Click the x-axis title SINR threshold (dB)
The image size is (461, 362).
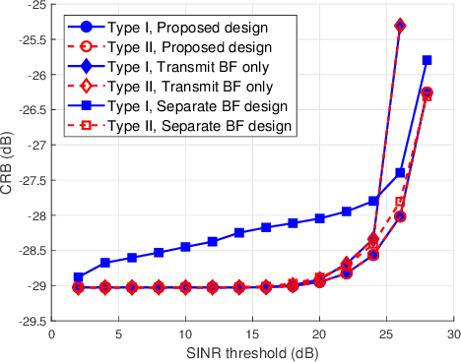click(252, 351)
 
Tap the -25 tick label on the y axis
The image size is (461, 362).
click(33, 6)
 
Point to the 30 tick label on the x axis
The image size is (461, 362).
click(453, 334)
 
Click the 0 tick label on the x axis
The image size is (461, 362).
click(52, 334)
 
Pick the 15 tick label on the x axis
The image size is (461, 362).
click(252, 334)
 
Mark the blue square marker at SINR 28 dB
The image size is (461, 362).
click(427, 60)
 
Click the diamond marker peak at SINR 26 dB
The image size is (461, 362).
click(400, 26)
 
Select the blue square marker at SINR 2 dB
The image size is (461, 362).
click(79, 277)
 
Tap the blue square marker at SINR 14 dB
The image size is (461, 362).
click(239, 232)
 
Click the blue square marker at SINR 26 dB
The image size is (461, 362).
click(400, 172)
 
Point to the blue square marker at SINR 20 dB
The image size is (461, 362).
click(319, 218)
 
